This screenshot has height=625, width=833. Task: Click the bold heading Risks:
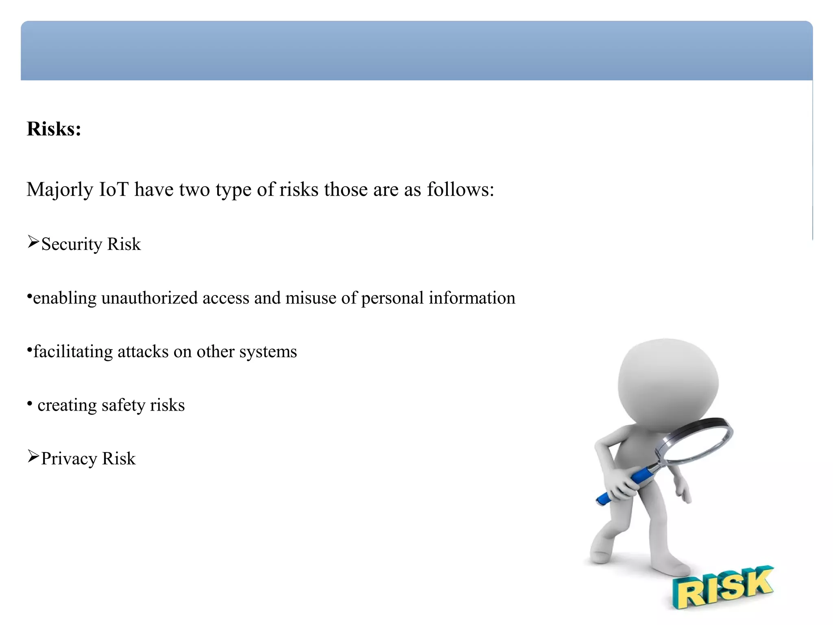(54, 129)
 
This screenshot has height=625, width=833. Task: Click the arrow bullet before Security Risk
(33, 242)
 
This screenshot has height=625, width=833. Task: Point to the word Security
(72, 245)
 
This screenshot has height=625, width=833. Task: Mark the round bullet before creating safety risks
(30, 404)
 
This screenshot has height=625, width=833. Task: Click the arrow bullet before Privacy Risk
(33, 457)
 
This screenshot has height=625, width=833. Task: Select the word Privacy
(69, 459)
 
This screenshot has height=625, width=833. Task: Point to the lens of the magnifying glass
(694, 441)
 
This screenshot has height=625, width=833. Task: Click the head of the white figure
(668, 382)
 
